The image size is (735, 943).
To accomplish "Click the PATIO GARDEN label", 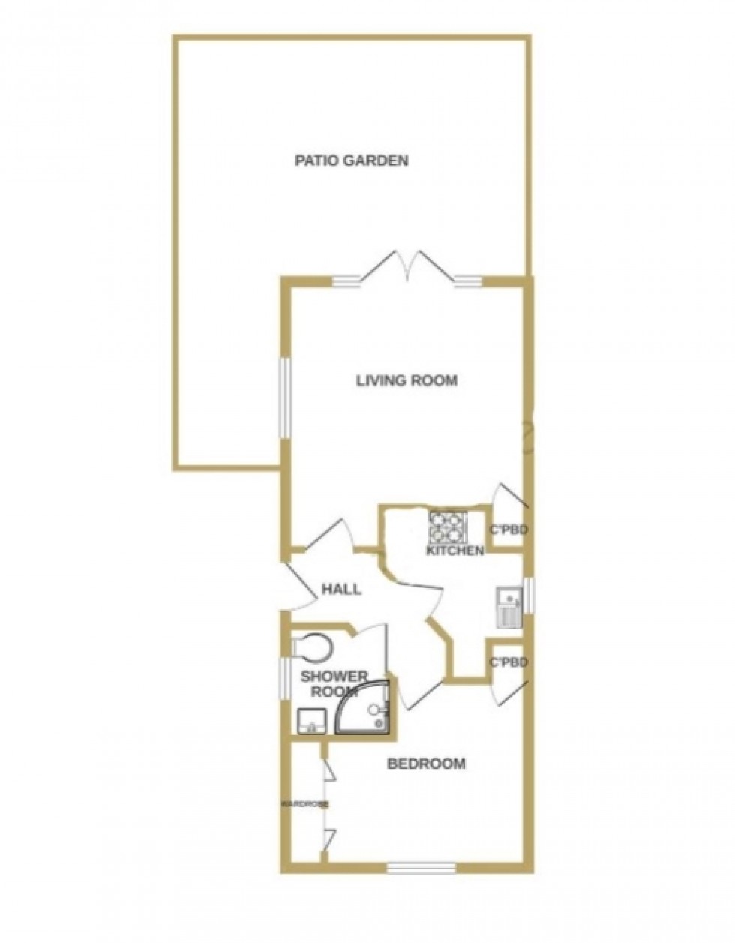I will click(x=352, y=160).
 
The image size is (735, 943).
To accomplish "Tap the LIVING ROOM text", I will click(x=406, y=380).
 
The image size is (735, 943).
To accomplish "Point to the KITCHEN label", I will click(x=454, y=551).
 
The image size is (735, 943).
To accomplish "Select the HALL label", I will click(x=341, y=590).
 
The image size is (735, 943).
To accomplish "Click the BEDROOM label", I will click(x=426, y=764).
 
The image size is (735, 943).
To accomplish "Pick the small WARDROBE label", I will click(x=304, y=804).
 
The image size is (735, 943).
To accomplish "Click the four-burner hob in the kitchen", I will click(x=448, y=527).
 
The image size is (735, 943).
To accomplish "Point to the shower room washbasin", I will click(x=311, y=721).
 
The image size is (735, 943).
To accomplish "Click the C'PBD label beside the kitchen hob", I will click(x=508, y=530).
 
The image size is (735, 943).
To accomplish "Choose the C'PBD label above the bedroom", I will click(x=508, y=662).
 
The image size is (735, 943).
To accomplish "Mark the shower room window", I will click(x=285, y=677).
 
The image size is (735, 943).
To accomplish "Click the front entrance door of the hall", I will click(x=298, y=585).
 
